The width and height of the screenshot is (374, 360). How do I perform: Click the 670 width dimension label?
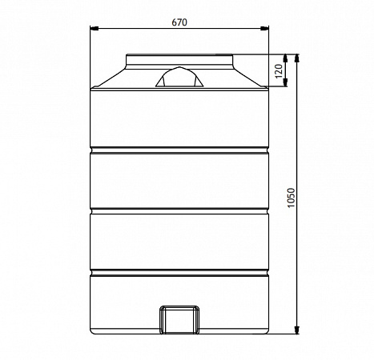[x=179, y=22]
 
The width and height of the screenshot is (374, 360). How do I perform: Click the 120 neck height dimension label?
[x=279, y=71]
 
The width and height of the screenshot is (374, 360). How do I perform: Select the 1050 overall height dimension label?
[x=292, y=198]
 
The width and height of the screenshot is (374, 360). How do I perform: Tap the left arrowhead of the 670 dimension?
[x=95, y=28]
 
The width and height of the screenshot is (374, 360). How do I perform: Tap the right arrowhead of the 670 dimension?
[x=264, y=28]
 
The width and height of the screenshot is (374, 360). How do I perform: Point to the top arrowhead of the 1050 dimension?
[x=297, y=58]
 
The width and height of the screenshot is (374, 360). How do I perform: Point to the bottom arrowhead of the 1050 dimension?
[x=297, y=330]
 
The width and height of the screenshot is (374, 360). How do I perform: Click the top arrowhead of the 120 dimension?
[x=285, y=58]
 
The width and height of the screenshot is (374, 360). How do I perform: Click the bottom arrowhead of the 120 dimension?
[x=285, y=82]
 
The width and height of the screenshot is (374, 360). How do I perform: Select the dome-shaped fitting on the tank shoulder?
[x=179, y=77]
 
